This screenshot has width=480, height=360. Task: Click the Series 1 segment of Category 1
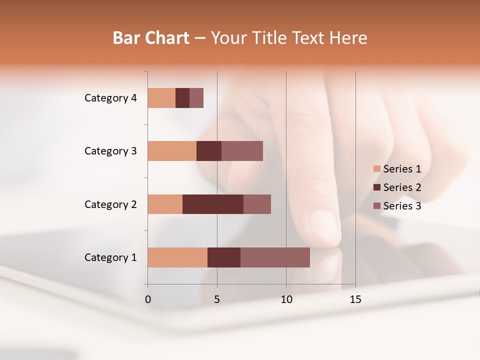point(177,257)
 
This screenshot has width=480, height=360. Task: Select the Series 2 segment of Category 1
point(224,257)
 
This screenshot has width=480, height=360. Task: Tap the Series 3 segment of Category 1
point(275,257)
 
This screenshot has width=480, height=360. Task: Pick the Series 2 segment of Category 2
point(213,204)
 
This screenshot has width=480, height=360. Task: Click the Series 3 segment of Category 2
point(257,204)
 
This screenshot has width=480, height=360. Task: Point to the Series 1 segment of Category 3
point(172,151)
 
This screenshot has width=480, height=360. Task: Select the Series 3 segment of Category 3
point(242,151)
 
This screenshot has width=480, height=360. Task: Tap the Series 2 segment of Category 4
point(182,98)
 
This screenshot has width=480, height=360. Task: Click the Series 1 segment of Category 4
point(161,98)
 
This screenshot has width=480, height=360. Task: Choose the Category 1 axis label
point(110,257)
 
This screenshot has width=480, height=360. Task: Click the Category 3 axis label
point(110,151)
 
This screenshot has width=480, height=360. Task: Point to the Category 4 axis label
point(110,98)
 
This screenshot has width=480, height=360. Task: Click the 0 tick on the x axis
point(148,299)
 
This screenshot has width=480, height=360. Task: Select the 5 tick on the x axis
point(217,299)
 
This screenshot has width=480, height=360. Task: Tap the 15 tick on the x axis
point(355,299)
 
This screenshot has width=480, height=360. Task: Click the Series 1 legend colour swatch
point(376,169)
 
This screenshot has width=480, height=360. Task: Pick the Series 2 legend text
point(402,187)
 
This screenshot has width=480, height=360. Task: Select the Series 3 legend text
point(402,206)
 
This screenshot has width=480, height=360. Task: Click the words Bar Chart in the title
point(150,38)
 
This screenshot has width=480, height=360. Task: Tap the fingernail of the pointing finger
point(324,226)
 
